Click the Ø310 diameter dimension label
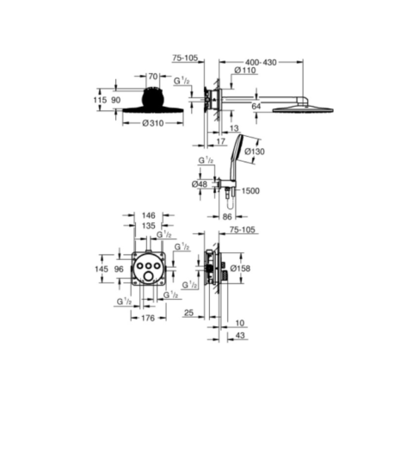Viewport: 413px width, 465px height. coord(153,123)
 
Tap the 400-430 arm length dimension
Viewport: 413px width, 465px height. coord(261,62)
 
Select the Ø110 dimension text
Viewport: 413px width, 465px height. coord(244,71)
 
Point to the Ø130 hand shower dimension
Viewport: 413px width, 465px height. coord(255,152)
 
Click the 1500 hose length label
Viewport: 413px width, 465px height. coord(250,190)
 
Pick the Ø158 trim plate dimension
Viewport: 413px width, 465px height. coord(240,269)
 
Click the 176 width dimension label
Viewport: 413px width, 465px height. coord(148,318)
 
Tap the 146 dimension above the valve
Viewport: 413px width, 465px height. coord(149,215)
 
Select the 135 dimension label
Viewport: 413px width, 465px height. coord(149,226)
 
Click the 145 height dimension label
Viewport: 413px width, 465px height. coord(102,269)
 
